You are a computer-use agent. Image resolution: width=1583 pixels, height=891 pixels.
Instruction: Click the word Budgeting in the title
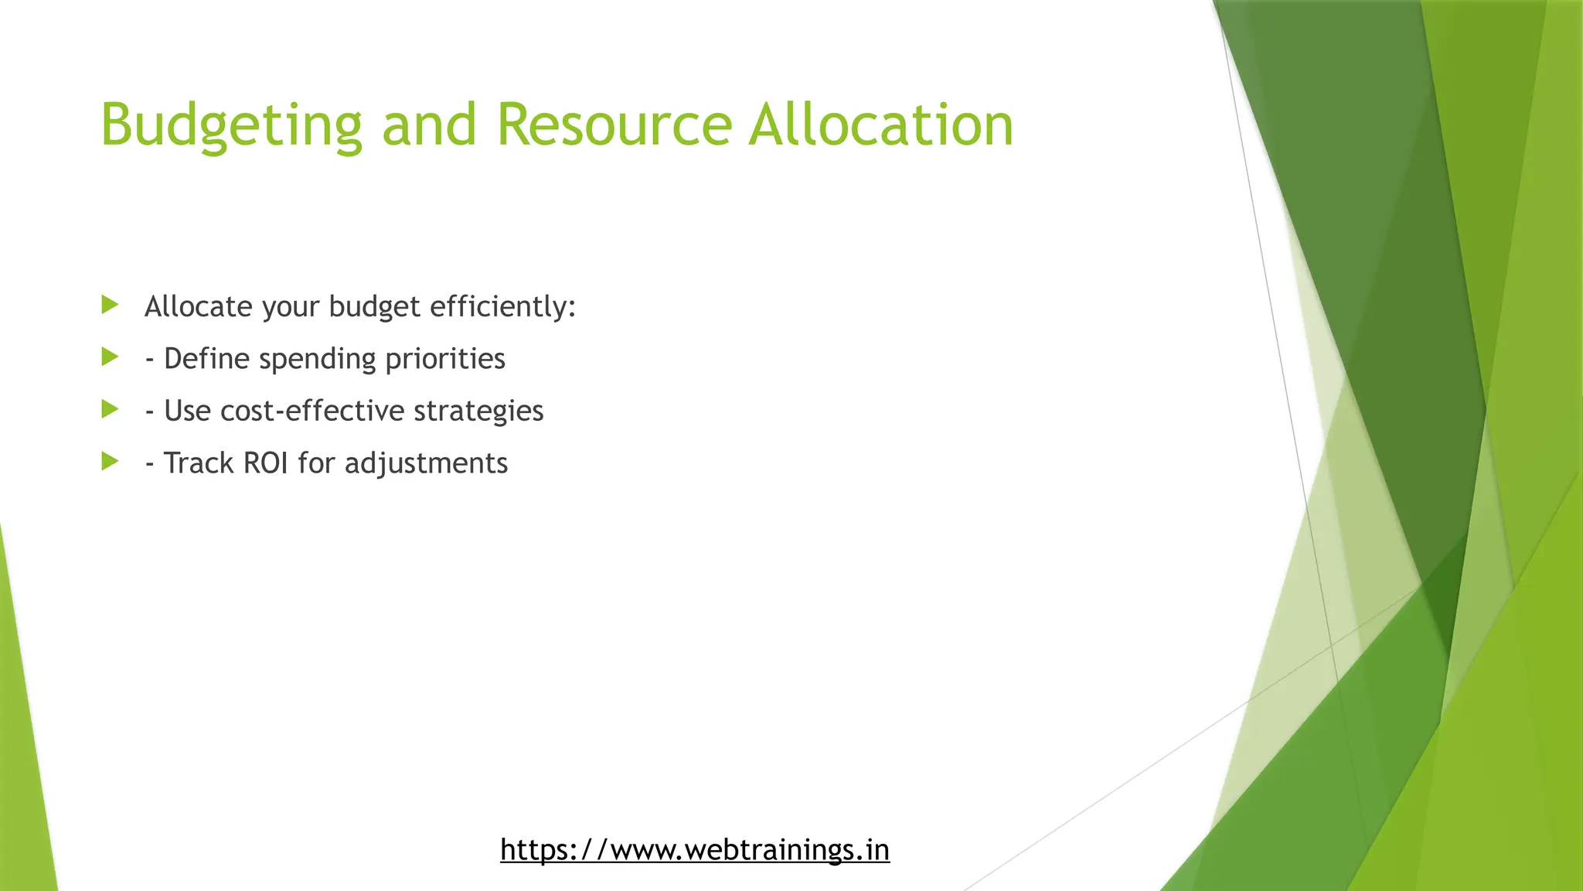pos(231,125)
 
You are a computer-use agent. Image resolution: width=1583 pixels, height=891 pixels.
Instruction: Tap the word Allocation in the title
pos(880,125)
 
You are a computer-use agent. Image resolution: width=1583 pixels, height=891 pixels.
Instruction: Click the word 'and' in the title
pos(429,125)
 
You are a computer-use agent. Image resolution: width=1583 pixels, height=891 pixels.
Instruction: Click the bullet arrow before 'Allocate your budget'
pos(110,305)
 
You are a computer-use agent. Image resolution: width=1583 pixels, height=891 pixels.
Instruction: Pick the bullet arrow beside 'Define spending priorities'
pos(110,357)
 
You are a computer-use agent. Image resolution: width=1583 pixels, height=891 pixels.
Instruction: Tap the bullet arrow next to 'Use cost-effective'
pos(110,409)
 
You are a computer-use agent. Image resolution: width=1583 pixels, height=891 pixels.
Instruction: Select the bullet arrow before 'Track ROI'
pos(110,462)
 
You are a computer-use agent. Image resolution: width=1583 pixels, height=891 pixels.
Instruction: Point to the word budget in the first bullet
pos(374,307)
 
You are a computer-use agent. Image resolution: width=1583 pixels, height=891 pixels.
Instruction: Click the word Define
pos(206,359)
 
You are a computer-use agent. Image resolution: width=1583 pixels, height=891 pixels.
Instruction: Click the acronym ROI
pos(265,463)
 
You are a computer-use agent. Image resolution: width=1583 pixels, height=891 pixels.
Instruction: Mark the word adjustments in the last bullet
pos(426,463)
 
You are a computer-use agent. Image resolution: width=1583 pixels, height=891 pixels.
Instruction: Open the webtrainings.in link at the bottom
pos(694,849)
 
